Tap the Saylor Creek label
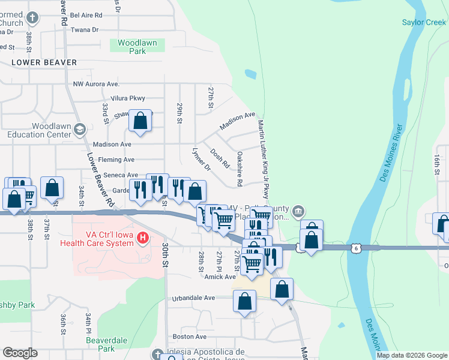[424, 23]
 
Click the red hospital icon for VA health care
[142, 238]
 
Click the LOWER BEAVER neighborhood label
[44, 62]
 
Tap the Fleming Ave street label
[116, 160]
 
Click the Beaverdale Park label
[100, 344]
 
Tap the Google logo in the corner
[20, 353]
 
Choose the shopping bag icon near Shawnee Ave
[140, 120]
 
